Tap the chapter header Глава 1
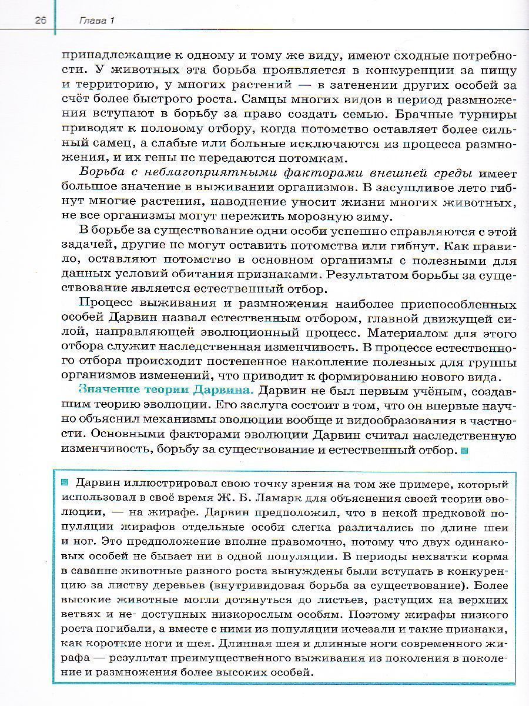(x=96, y=21)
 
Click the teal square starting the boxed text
(x=65, y=483)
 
